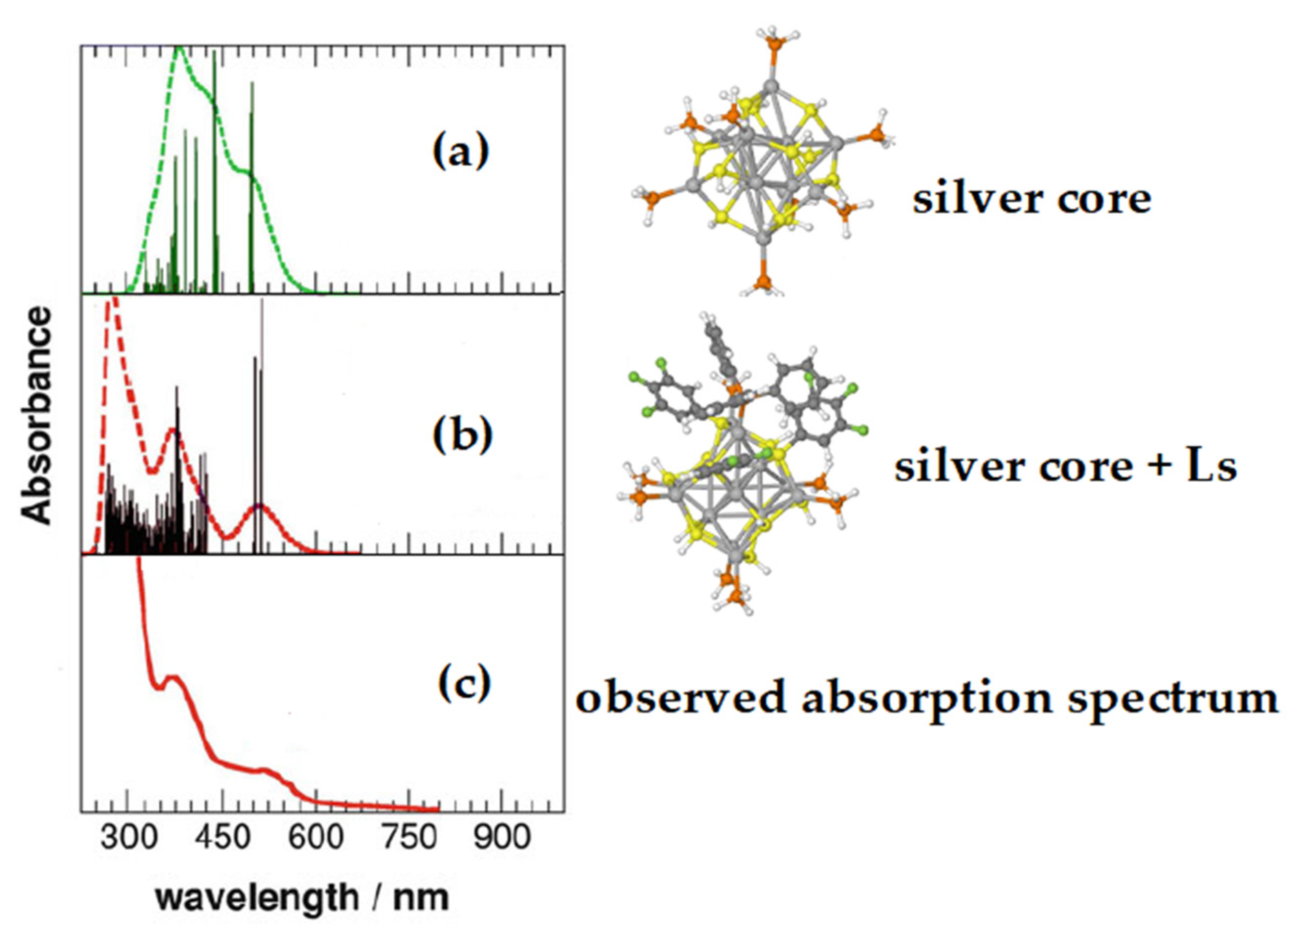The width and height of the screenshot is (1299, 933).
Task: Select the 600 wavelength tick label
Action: point(315,838)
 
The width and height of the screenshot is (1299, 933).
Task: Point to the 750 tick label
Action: point(409,838)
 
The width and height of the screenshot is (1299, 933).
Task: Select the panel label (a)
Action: point(461,153)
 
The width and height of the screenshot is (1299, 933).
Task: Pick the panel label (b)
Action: point(463,435)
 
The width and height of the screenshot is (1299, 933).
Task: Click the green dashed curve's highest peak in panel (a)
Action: point(179,47)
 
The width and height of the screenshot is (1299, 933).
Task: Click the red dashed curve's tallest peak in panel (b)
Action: point(112,298)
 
